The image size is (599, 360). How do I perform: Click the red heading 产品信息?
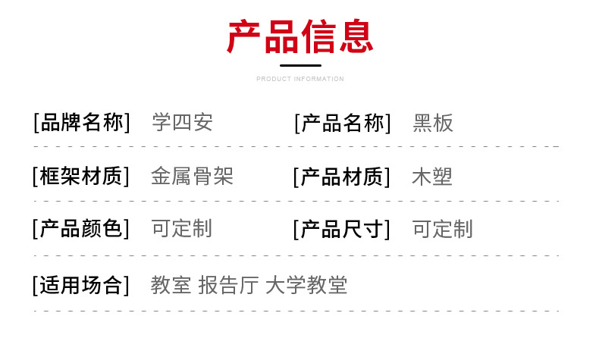300,36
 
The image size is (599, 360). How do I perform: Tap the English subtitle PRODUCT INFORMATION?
300,79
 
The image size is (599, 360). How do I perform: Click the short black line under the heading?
300,66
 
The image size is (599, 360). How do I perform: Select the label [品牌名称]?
82,123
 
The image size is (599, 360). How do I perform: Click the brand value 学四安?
182,123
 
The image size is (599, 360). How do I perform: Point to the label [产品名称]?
343,124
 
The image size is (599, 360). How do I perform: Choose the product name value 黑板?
433,124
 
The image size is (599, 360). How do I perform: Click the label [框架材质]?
81,177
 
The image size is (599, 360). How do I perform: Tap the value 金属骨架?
192,177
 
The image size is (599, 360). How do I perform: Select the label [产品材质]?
342,177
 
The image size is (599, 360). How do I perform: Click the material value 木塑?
432,177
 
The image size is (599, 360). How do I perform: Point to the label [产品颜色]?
81,229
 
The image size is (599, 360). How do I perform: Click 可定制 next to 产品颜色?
182,229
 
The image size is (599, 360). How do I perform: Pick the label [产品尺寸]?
342,230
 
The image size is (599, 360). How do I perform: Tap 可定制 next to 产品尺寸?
442,230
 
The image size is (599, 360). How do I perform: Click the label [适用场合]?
81,285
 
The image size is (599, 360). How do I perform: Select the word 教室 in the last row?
171,285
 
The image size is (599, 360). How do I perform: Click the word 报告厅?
228,285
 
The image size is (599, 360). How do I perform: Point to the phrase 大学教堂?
306,285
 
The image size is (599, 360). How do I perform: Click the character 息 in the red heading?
356,36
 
